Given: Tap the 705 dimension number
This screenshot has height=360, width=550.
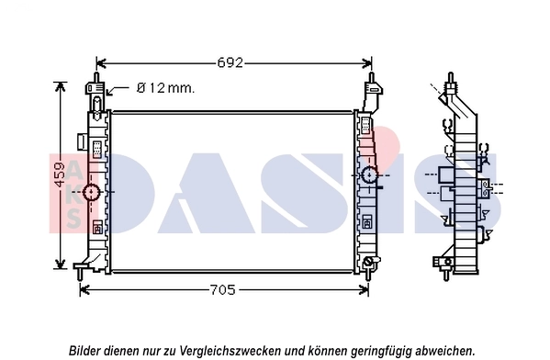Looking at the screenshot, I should coord(223,290).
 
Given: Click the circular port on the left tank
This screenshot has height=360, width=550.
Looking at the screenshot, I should coord(91,192).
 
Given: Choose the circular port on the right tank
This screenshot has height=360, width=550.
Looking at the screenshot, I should coord(369,175).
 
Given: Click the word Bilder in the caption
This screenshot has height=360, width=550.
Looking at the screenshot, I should coord(86,350).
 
